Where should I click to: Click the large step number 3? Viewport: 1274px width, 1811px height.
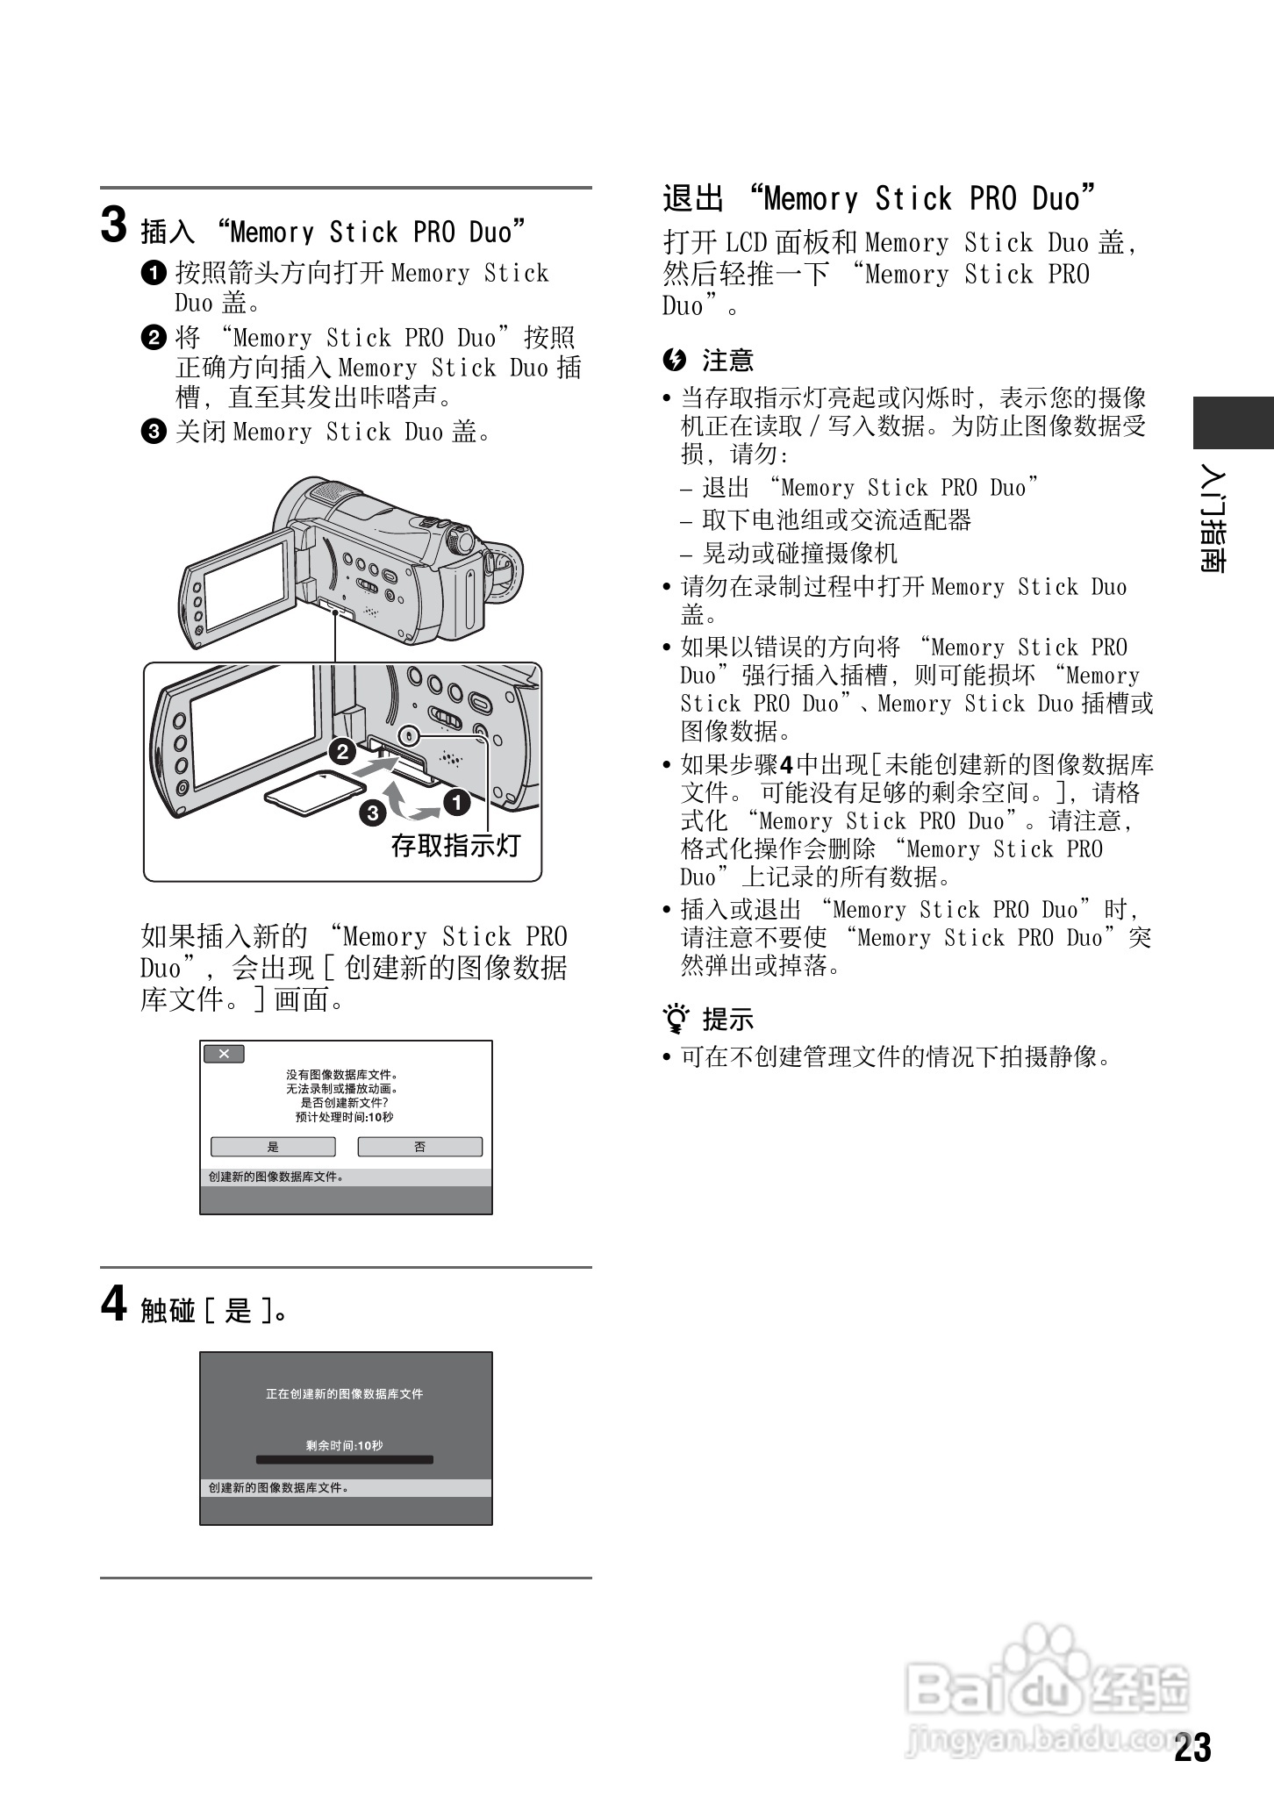[x=114, y=225]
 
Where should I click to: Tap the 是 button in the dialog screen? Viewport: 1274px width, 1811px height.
[x=273, y=1147]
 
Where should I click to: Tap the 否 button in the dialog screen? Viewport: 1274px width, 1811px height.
[x=419, y=1147]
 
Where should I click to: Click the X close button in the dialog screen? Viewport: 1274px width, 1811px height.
[x=224, y=1054]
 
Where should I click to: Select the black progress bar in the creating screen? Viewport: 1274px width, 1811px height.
[x=345, y=1460]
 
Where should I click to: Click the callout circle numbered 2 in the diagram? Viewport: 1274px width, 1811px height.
[x=341, y=751]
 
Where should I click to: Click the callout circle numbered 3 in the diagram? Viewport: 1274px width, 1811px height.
[x=373, y=813]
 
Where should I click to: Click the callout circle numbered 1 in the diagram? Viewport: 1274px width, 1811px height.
[x=456, y=801]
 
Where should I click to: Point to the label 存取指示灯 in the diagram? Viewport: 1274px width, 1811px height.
[x=455, y=846]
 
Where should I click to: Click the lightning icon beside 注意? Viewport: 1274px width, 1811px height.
[x=674, y=360]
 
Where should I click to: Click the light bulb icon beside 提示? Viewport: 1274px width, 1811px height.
[x=676, y=1019]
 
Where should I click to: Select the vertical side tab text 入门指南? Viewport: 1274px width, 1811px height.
[x=1215, y=519]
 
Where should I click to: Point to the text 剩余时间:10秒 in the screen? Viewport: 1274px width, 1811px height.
[x=345, y=1445]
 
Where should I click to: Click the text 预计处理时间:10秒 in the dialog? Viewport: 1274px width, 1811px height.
[x=345, y=1117]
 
